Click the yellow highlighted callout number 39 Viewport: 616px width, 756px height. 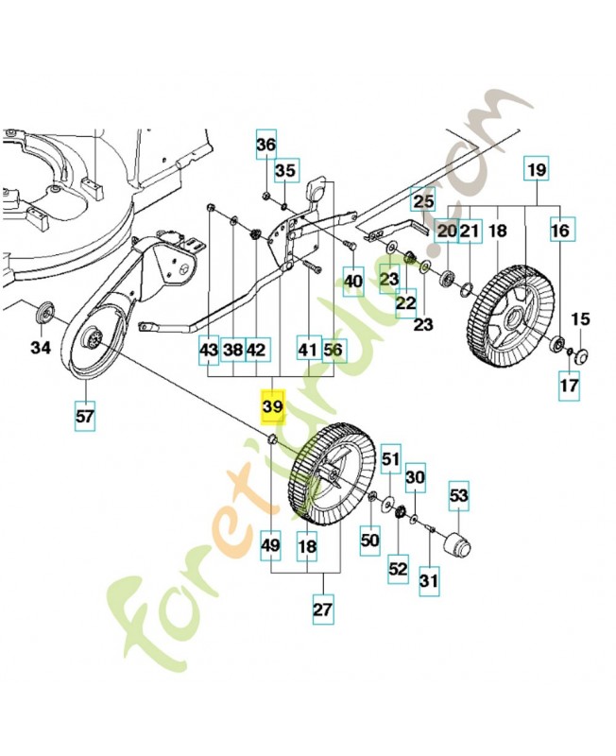(x=272, y=405)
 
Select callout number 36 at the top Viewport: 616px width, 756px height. (x=265, y=146)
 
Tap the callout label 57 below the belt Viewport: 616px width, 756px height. (x=85, y=415)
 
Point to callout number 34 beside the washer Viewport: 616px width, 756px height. (x=40, y=348)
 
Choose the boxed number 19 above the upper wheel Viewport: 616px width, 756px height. (x=536, y=172)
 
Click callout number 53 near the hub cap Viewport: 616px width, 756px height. (x=459, y=494)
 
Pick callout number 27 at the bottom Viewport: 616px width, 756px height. (x=323, y=610)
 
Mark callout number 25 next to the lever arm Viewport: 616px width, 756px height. (x=423, y=201)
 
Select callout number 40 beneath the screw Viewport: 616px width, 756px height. (x=353, y=281)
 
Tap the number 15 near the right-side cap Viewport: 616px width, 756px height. (x=580, y=319)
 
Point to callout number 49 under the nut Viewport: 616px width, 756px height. (x=271, y=545)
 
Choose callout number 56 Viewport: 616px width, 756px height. (x=334, y=350)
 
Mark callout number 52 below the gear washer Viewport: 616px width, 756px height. (x=398, y=568)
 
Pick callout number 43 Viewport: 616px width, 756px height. (x=209, y=350)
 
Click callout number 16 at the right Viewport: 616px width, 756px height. (x=560, y=231)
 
